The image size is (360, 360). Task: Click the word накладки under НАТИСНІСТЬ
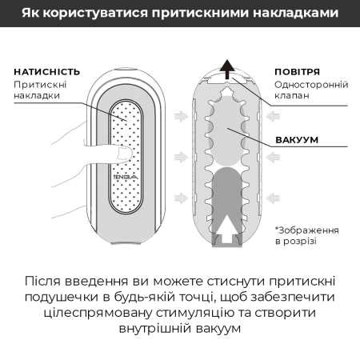[x=37, y=96]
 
